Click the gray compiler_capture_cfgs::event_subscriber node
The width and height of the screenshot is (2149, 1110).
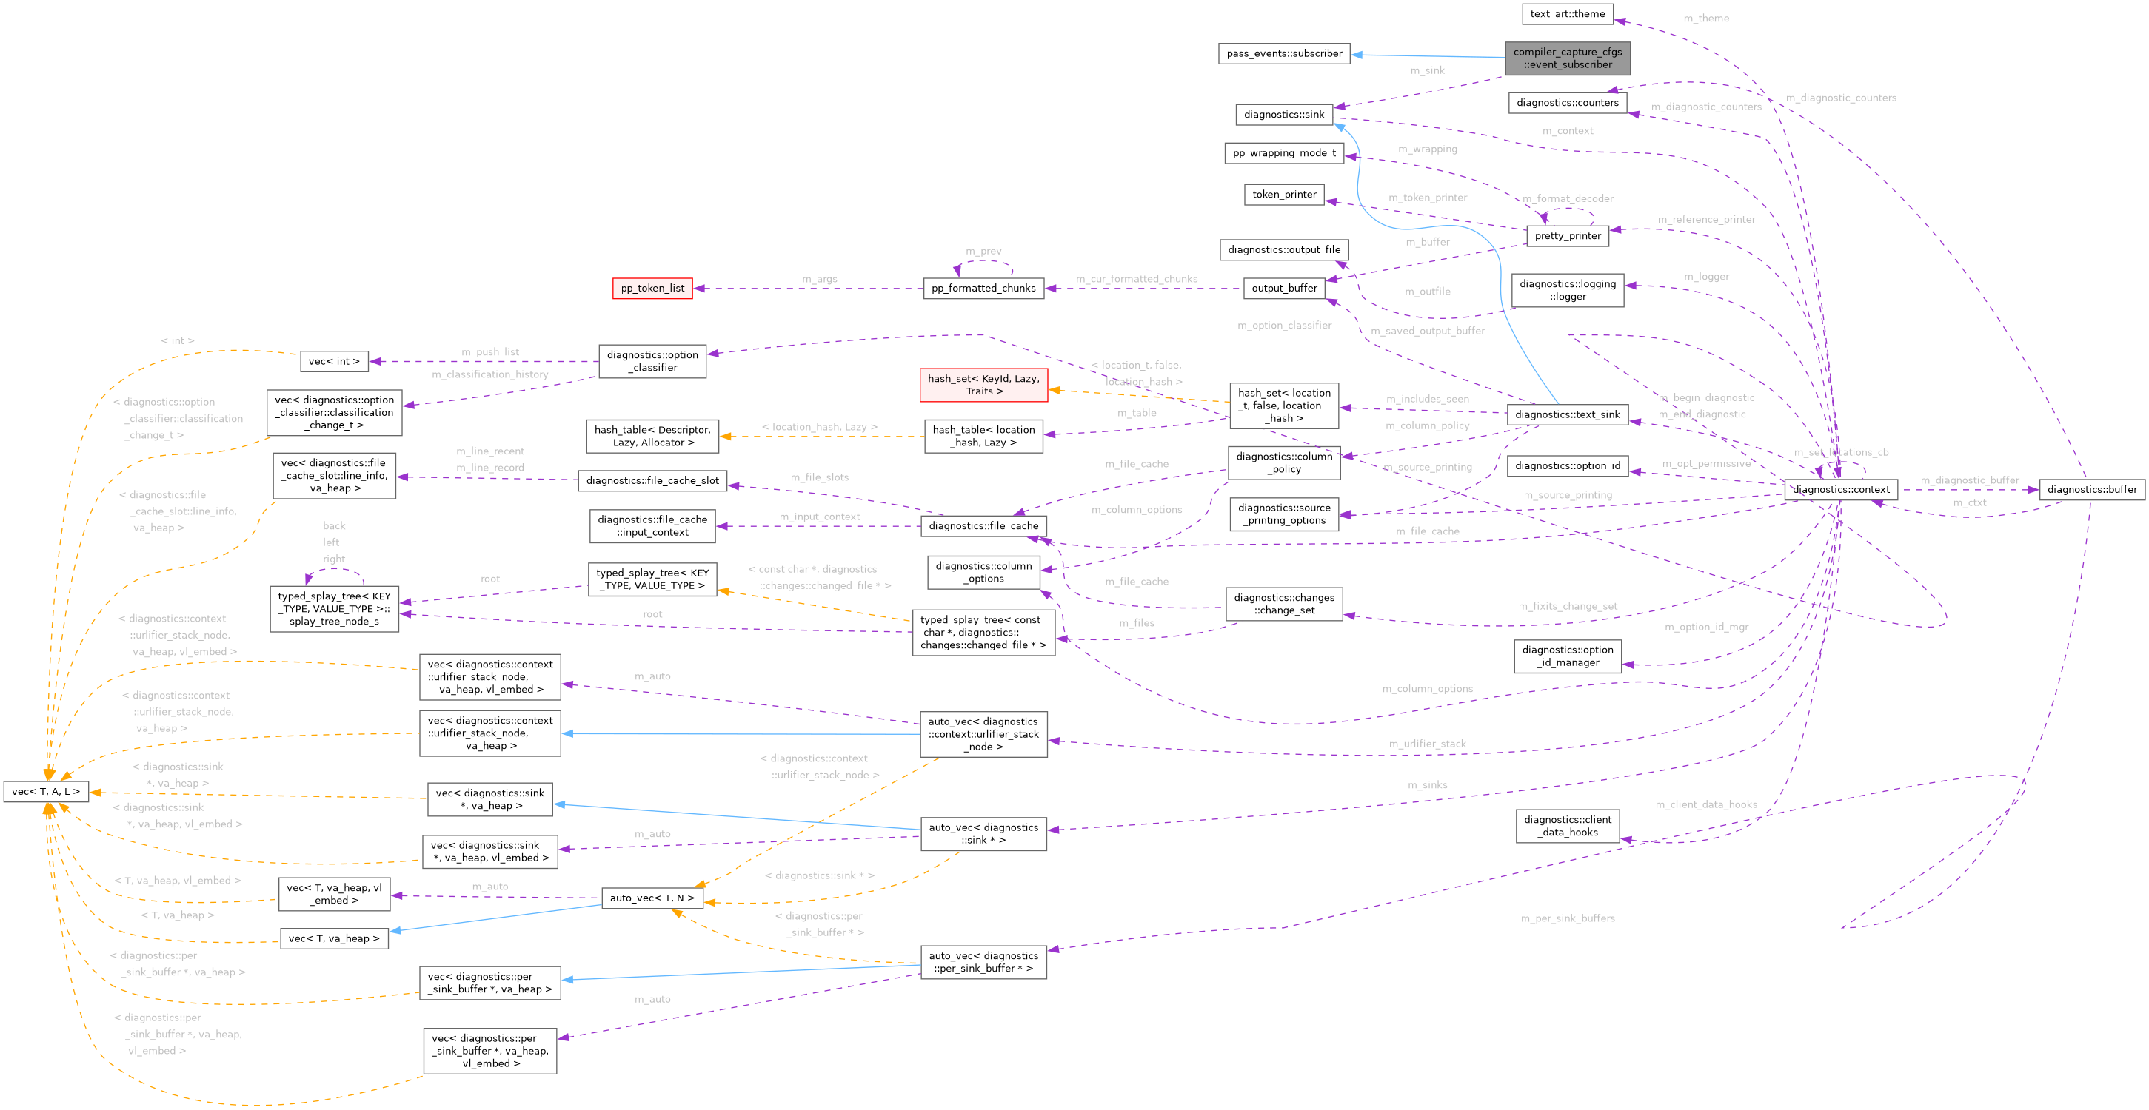[x=1567, y=58]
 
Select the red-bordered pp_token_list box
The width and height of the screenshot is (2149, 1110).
[x=652, y=289]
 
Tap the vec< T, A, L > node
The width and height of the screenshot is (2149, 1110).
[x=46, y=791]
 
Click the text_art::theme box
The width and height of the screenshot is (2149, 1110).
[x=1567, y=14]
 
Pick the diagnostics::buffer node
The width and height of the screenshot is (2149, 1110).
[x=2091, y=490]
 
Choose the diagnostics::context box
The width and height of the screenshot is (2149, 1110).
[x=1840, y=490]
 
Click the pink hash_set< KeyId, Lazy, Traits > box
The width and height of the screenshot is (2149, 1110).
[x=983, y=386]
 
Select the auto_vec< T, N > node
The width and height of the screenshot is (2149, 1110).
[x=652, y=898]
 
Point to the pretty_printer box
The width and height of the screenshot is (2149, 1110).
[x=1567, y=236]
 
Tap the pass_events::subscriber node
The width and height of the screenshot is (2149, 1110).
[x=1284, y=53]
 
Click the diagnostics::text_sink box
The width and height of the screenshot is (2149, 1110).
[x=1567, y=414]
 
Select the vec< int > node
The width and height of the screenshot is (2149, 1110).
[x=334, y=361]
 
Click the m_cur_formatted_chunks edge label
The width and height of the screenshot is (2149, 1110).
[x=1136, y=280]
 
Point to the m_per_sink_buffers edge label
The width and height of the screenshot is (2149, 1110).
[x=1567, y=918]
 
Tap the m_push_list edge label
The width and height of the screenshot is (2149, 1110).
[x=489, y=352]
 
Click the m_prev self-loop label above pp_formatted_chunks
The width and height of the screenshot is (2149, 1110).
[x=983, y=251]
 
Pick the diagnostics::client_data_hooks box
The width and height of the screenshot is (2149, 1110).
[x=1567, y=826]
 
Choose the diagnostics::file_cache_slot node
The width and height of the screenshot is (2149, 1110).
[x=652, y=480]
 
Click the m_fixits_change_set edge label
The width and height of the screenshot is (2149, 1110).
[x=1567, y=606]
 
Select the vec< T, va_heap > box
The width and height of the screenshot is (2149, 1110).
[x=334, y=938]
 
